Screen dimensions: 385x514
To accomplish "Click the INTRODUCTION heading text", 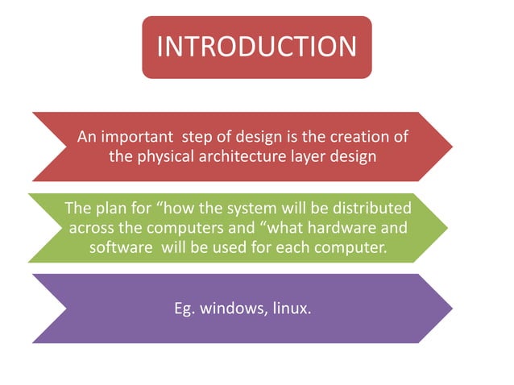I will (x=256, y=47).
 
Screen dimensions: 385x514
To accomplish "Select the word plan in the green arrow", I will (x=110, y=209).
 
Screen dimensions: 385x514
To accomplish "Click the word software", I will (x=120, y=247).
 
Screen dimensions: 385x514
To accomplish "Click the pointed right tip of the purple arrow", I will (x=451, y=308).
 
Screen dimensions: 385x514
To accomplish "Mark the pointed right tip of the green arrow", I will (x=447, y=227).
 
